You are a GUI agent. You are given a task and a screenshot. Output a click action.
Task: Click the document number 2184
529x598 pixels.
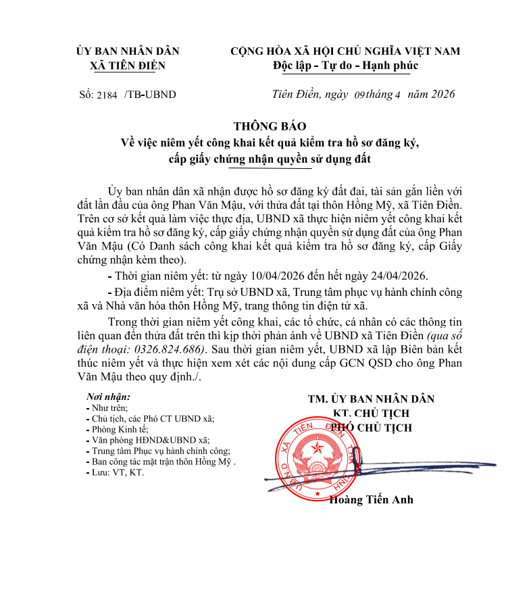coord(107,95)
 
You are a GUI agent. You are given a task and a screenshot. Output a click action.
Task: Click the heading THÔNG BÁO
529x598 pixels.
coord(270,126)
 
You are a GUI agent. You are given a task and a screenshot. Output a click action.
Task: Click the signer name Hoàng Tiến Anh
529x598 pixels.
coord(371,500)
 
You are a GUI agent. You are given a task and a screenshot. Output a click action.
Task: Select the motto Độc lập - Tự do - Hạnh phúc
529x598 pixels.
coord(345,66)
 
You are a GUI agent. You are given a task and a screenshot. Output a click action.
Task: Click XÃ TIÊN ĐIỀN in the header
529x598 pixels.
coord(128,66)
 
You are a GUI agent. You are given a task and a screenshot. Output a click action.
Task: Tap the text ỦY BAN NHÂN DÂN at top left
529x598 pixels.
coord(128,51)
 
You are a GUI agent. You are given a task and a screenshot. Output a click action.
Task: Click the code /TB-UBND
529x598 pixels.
coord(150,95)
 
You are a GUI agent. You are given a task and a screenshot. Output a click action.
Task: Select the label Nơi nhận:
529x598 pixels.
coord(109,397)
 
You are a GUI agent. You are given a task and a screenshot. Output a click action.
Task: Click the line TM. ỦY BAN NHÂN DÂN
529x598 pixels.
coord(371,399)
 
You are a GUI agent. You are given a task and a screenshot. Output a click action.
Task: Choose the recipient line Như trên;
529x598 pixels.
coord(109,408)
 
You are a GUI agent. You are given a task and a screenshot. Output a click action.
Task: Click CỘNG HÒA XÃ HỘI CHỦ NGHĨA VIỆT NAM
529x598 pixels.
coord(345,51)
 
